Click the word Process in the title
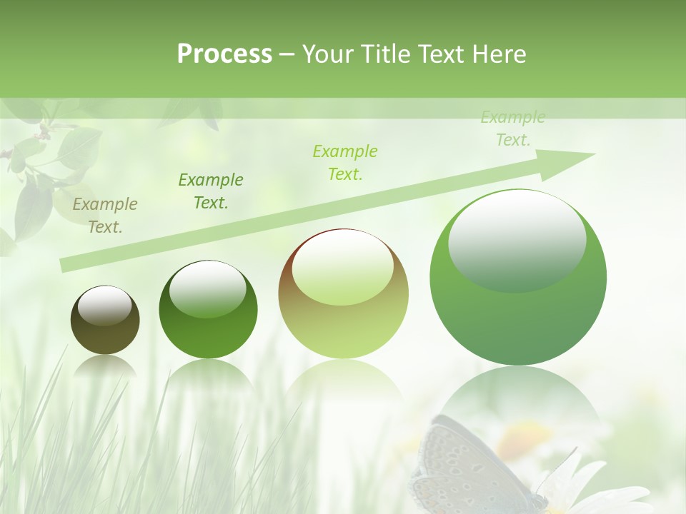point(224,54)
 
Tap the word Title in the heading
point(384,54)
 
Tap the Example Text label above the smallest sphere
point(105,216)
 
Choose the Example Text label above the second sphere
point(211,191)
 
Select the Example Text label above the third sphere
point(345,163)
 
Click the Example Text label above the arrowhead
point(513,128)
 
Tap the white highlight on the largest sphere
point(517,240)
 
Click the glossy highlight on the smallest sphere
point(104,306)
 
